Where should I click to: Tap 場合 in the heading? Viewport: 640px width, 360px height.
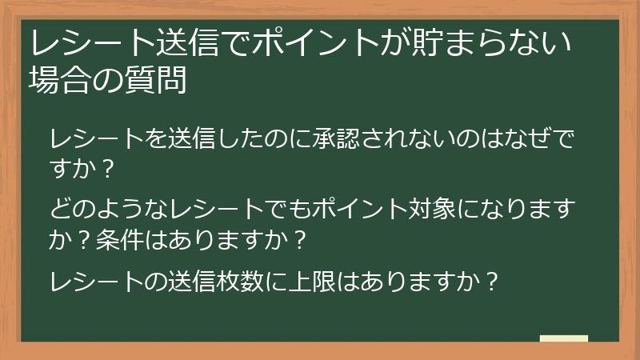tap(58, 80)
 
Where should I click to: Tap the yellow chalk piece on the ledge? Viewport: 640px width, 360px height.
tap(563, 338)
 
